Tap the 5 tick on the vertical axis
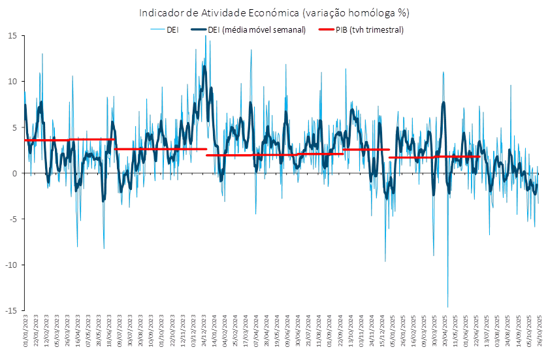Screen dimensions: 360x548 tap(15, 127)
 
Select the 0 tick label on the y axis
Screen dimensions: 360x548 tap(15, 172)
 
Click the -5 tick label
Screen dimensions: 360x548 tap(13, 218)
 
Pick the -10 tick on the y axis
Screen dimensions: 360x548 tap(11, 264)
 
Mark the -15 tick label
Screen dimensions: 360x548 tap(11, 310)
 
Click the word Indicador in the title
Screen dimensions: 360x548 tap(157, 12)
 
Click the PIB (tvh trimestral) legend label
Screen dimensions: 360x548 tap(370, 30)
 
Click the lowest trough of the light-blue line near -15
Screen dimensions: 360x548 tap(448, 306)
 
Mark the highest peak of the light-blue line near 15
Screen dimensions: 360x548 tap(206, 36)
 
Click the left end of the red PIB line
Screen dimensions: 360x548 tap(25, 140)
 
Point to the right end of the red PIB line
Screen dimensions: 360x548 tap(480, 156)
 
